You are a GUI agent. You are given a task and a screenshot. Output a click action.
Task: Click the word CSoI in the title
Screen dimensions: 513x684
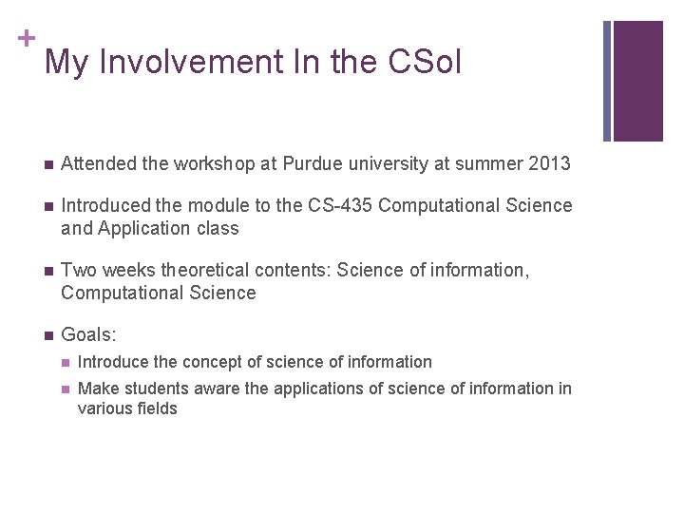424,63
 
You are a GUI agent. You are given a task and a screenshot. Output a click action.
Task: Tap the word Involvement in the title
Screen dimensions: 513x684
188,63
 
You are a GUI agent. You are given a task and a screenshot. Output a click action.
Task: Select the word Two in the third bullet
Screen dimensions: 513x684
77,271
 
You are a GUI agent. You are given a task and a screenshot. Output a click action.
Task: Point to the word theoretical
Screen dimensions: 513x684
202,271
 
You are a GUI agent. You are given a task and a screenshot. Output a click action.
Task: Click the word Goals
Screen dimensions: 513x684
85,334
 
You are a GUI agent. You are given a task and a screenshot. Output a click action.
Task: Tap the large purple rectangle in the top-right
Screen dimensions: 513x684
637,81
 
